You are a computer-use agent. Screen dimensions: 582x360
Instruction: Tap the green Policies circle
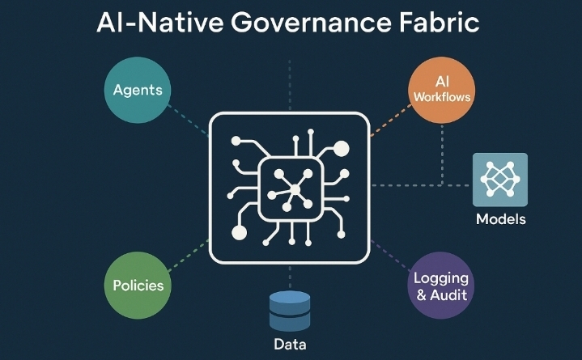138,285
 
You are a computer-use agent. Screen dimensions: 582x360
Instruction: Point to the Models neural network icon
500,180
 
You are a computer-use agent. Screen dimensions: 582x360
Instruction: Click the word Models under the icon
500,218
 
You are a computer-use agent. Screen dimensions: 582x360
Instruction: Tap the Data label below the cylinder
290,345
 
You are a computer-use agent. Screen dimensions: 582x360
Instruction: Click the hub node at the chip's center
295,190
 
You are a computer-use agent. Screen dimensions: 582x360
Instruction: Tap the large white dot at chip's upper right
341,149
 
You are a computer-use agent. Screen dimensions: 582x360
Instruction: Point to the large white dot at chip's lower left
239,233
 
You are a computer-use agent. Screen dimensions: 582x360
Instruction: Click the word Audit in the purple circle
448,294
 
